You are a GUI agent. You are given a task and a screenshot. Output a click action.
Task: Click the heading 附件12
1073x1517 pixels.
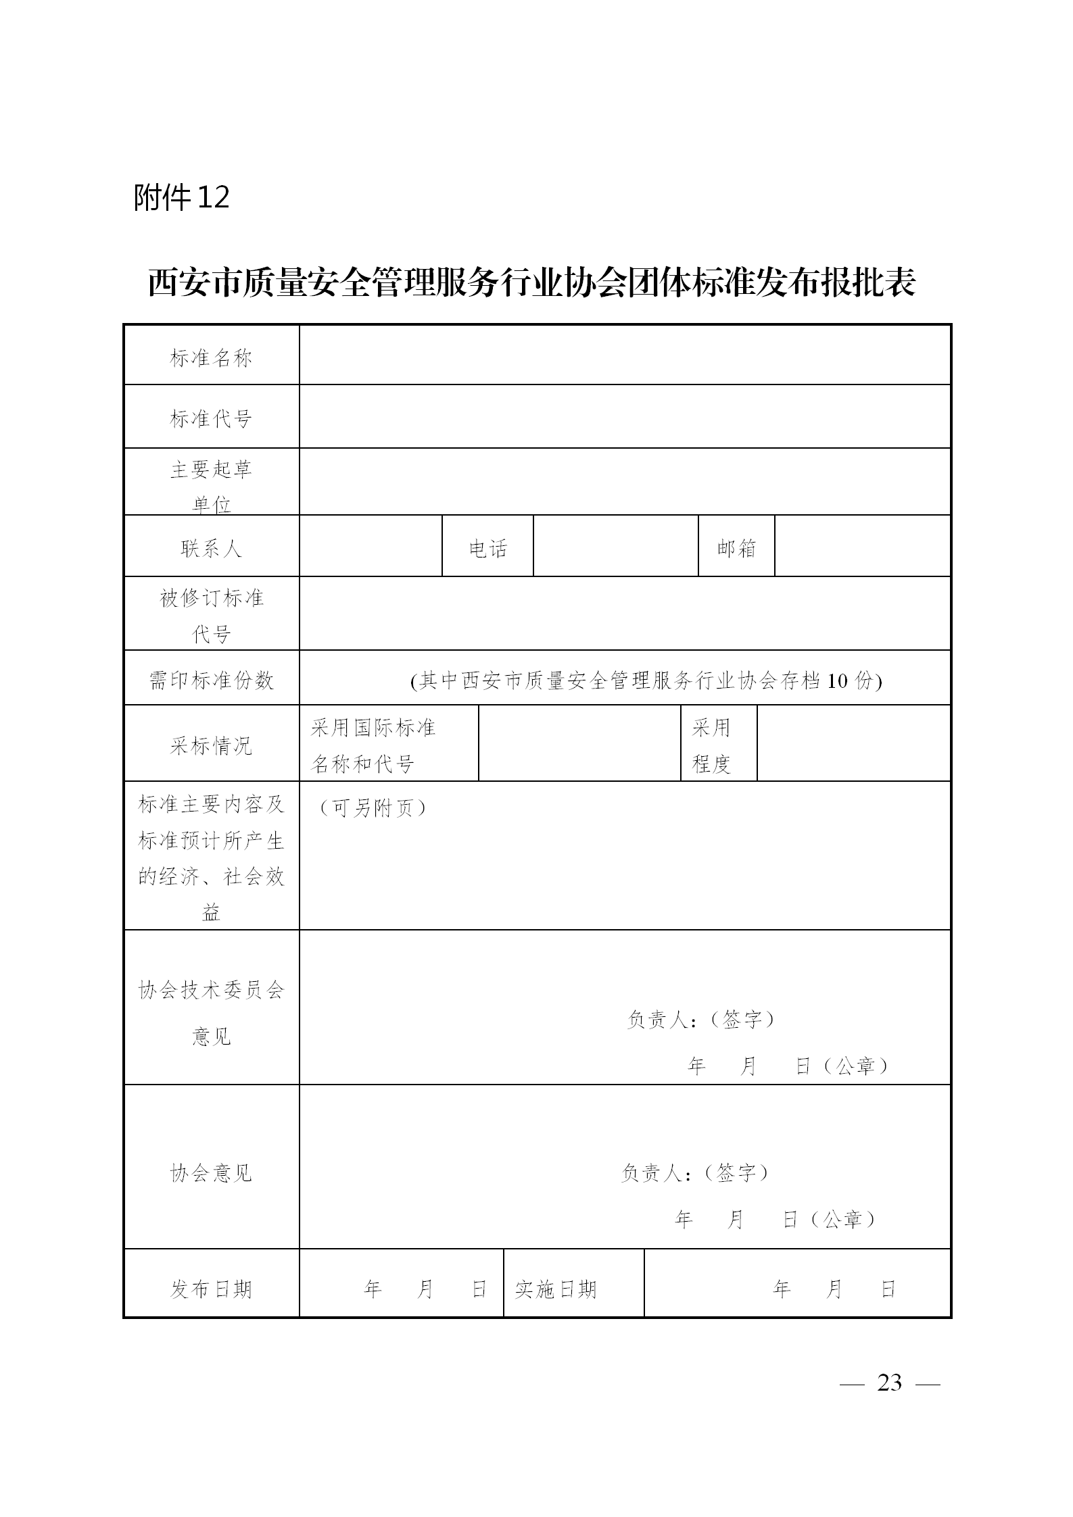(181, 197)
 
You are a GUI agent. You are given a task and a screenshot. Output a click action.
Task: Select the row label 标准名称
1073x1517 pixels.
(211, 357)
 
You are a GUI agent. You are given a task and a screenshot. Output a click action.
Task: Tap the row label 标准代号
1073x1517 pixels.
(211, 418)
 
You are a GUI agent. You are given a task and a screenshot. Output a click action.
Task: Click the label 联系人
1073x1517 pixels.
(211, 548)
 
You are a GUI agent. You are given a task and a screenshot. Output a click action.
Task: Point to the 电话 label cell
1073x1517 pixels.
(487, 548)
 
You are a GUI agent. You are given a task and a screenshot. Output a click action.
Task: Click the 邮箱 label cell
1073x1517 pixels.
(736, 548)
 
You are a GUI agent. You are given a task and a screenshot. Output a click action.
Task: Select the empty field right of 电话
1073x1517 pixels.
(615, 547)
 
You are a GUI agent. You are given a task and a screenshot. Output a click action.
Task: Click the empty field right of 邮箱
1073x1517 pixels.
(862, 547)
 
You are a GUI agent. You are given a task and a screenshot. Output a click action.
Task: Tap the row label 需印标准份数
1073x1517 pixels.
(211, 680)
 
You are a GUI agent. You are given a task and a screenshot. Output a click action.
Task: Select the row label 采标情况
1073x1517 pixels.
(211, 745)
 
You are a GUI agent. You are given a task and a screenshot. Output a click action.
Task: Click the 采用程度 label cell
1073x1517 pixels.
(718, 745)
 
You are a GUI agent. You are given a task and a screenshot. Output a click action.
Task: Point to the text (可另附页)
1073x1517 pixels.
(373, 807)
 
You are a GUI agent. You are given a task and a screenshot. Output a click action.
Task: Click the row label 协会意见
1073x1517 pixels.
(211, 1172)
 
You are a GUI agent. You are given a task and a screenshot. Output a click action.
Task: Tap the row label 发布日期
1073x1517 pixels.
(211, 1289)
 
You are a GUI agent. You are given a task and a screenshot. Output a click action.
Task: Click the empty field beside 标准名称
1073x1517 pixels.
(625, 355)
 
